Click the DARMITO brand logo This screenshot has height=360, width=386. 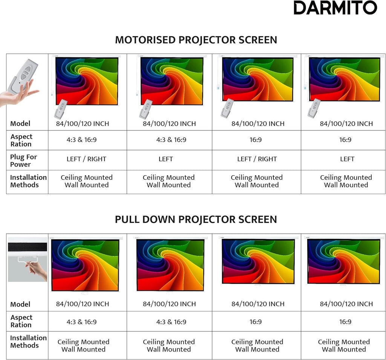coord(335,8)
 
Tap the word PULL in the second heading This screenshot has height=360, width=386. coord(127,219)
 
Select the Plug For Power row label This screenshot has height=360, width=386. coord(23,161)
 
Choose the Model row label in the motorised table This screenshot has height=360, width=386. coord(20,124)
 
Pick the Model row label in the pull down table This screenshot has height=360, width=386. coord(20,304)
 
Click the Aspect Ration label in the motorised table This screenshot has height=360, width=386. coord(21,140)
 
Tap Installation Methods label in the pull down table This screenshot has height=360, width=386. coord(28,342)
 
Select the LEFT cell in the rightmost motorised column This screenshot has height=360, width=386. coord(347,159)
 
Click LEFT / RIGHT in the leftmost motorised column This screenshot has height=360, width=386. coord(86,159)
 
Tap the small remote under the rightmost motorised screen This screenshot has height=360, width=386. coord(314,108)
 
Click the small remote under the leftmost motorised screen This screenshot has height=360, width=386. coord(61,109)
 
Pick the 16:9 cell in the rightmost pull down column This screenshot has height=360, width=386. coord(345,322)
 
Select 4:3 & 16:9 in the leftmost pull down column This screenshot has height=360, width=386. coord(82,322)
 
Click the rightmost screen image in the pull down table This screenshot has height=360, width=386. coord(344,262)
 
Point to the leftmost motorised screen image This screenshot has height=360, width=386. coord(87,81)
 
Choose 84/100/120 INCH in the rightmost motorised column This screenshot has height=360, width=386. coord(346,124)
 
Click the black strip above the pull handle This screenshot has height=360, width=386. coord(28,247)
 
